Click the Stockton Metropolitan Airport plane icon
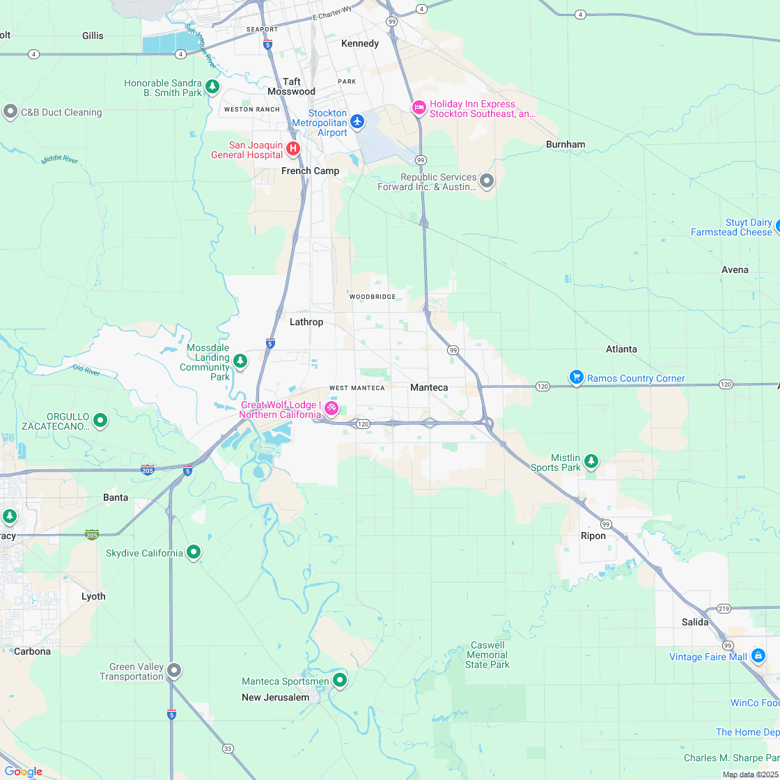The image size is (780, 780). (x=357, y=122)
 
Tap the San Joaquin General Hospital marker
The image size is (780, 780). (x=293, y=148)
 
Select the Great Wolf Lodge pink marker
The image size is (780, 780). (x=331, y=408)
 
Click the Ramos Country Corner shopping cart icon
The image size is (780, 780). (x=576, y=377)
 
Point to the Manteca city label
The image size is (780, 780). (x=429, y=387)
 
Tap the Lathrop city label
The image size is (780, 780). (x=306, y=322)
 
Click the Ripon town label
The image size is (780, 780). (x=593, y=536)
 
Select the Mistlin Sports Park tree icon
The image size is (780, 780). (x=591, y=461)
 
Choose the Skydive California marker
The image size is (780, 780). (x=194, y=552)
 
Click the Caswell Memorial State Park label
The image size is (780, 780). (x=487, y=655)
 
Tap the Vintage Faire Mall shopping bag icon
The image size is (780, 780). (x=758, y=655)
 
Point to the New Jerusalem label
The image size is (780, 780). (x=275, y=697)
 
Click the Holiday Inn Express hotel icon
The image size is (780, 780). (x=419, y=107)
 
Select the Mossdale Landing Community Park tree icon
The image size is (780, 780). (x=240, y=361)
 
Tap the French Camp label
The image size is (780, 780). (x=310, y=171)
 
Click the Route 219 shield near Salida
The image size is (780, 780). (x=724, y=609)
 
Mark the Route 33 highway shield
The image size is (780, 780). (x=228, y=749)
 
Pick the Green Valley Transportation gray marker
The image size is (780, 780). (x=174, y=671)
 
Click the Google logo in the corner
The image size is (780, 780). (x=23, y=771)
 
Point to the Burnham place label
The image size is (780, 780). (x=565, y=144)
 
